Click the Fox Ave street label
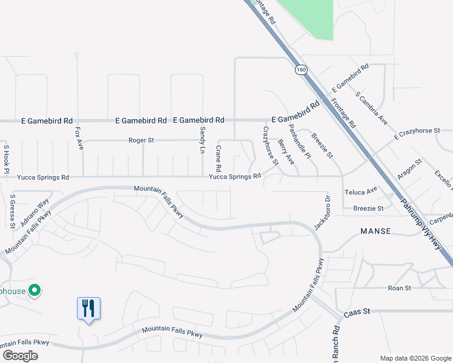point(79,137)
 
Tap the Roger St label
point(142,140)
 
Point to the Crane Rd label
point(218,158)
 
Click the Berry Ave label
point(286,152)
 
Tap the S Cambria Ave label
point(372,109)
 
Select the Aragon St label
point(409,164)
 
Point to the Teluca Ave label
point(361,191)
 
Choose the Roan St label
point(400,289)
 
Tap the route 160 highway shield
point(301,70)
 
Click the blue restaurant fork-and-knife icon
point(88,309)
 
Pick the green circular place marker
point(35,291)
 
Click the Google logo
point(20,356)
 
